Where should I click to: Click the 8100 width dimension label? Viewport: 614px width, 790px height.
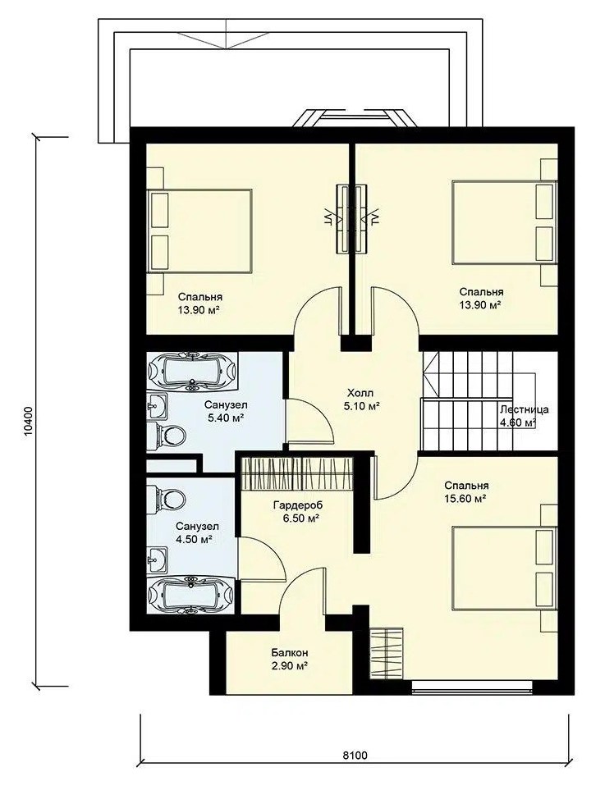[355, 755]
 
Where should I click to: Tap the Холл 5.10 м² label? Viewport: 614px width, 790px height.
[361, 399]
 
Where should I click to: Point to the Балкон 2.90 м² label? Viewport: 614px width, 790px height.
[290, 659]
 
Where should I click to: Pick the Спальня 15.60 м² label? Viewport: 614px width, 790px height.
[465, 491]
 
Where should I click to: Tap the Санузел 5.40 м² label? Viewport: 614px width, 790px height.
[226, 411]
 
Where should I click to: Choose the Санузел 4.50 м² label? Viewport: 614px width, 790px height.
[197, 533]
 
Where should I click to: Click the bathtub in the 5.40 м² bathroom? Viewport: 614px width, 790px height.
[192, 372]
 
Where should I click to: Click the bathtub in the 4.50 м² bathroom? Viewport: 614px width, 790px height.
[190, 596]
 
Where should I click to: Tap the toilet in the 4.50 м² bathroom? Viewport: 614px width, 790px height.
[166, 498]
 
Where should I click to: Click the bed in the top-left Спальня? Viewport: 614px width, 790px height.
[199, 231]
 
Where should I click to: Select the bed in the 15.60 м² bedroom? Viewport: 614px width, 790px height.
[505, 568]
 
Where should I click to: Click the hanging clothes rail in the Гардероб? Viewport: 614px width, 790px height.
[297, 473]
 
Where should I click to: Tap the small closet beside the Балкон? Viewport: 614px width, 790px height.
[386, 654]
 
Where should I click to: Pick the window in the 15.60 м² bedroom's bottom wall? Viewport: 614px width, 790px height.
[472, 687]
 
